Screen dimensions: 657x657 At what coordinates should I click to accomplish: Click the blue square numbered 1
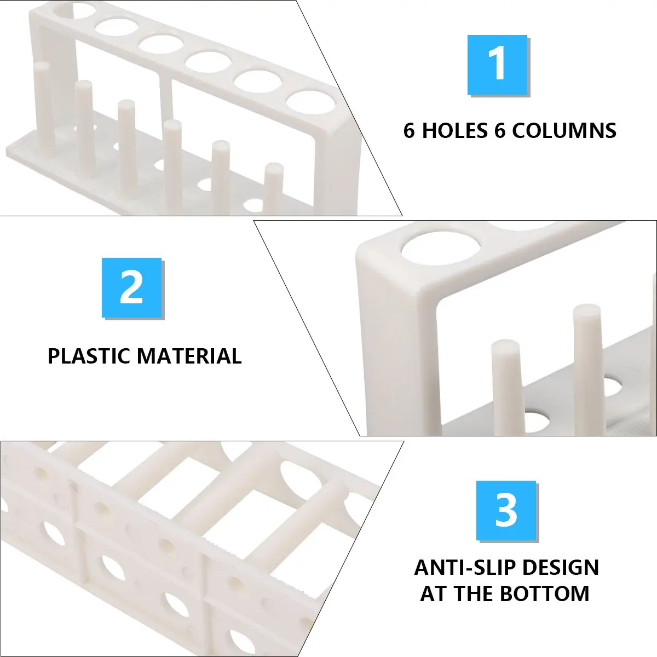point(497,65)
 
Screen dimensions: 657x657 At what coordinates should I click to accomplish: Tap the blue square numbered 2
point(131,287)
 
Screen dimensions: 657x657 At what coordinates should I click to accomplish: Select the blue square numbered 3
point(506,510)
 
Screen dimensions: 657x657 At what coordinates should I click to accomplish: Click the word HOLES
point(454,131)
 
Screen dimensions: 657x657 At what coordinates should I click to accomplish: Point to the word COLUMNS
point(564,131)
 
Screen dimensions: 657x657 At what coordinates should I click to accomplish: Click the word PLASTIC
point(89,356)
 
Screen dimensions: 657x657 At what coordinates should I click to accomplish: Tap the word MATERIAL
point(189,356)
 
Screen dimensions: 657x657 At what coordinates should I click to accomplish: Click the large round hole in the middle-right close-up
point(441,248)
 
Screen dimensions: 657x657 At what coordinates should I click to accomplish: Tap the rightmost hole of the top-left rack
point(310,102)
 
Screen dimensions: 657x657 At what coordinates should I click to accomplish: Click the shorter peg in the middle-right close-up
point(506,388)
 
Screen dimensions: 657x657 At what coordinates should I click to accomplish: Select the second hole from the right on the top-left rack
point(258,82)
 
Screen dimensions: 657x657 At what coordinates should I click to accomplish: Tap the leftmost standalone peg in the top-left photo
point(44,107)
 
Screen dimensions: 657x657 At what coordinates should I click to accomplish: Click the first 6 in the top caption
point(409,131)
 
